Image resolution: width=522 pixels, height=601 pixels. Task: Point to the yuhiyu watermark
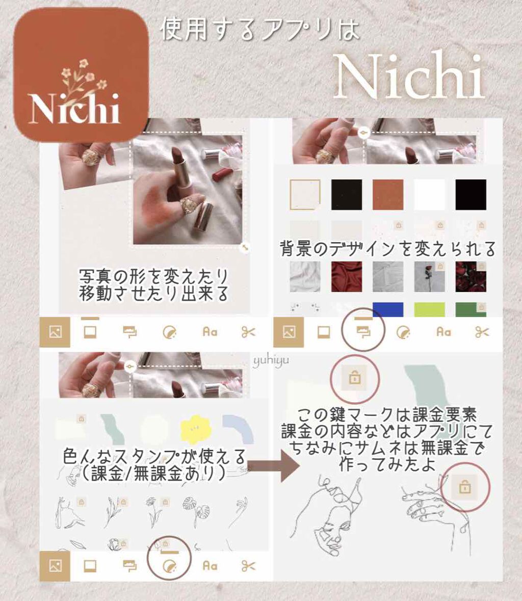[x=271, y=361]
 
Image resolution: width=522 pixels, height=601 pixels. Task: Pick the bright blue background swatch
[x=387, y=309]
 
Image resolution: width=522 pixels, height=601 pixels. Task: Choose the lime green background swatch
[x=429, y=309]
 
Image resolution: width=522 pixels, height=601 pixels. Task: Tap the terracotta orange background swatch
[x=388, y=194]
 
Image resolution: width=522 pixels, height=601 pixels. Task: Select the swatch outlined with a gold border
[x=305, y=194]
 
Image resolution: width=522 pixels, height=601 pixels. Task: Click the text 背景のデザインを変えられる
[x=387, y=249]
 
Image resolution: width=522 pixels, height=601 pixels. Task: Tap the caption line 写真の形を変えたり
[x=153, y=278]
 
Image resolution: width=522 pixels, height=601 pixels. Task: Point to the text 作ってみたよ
[x=387, y=465]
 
